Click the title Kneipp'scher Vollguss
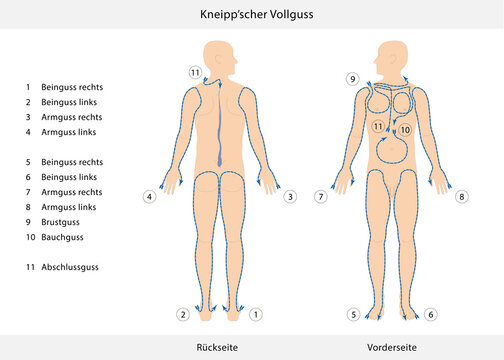(251, 14)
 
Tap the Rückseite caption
(218, 346)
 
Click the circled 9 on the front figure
(352, 78)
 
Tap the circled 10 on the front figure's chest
(405, 129)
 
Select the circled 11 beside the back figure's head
(195, 72)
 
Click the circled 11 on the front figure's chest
(378, 127)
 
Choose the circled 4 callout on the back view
(149, 197)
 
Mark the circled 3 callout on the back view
(289, 197)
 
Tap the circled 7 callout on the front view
(320, 197)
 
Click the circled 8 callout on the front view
(462, 197)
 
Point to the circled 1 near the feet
(256, 314)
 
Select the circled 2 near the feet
(183, 314)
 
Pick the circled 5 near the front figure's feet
(354, 314)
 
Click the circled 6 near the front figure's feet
(430, 314)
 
